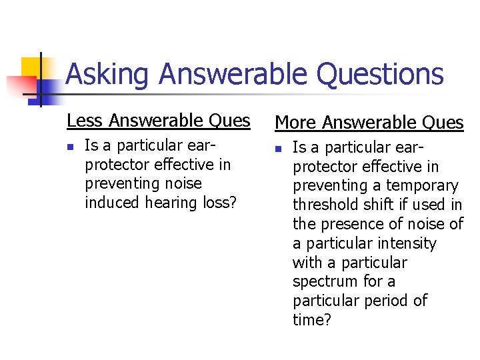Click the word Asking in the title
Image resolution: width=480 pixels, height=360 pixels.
(x=107, y=75)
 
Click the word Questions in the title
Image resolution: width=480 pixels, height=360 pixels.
(x=379, y=75)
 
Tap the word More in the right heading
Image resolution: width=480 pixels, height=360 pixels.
(x=296, y=123)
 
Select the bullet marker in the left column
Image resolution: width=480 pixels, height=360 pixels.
(x=71, y=146)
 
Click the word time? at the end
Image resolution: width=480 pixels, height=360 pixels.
(x=312, y=321)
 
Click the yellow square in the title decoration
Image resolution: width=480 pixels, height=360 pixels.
(x=31, y=67)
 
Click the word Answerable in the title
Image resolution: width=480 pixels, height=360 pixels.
(x=233, y=75)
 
